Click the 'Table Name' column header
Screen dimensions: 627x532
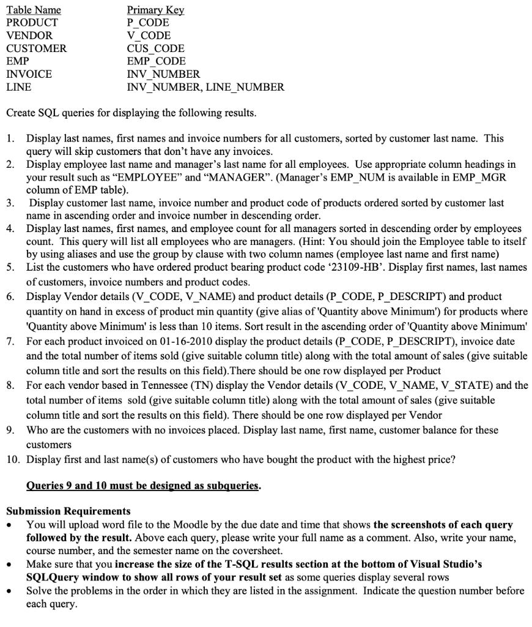point(34,10)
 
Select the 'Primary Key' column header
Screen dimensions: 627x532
point(155,10)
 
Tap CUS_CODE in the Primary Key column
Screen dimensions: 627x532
point(155,48)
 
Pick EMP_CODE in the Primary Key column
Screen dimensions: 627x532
point(156,61)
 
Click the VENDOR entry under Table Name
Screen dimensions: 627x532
point(29,36)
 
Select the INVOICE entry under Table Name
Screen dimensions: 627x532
point(29,74)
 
